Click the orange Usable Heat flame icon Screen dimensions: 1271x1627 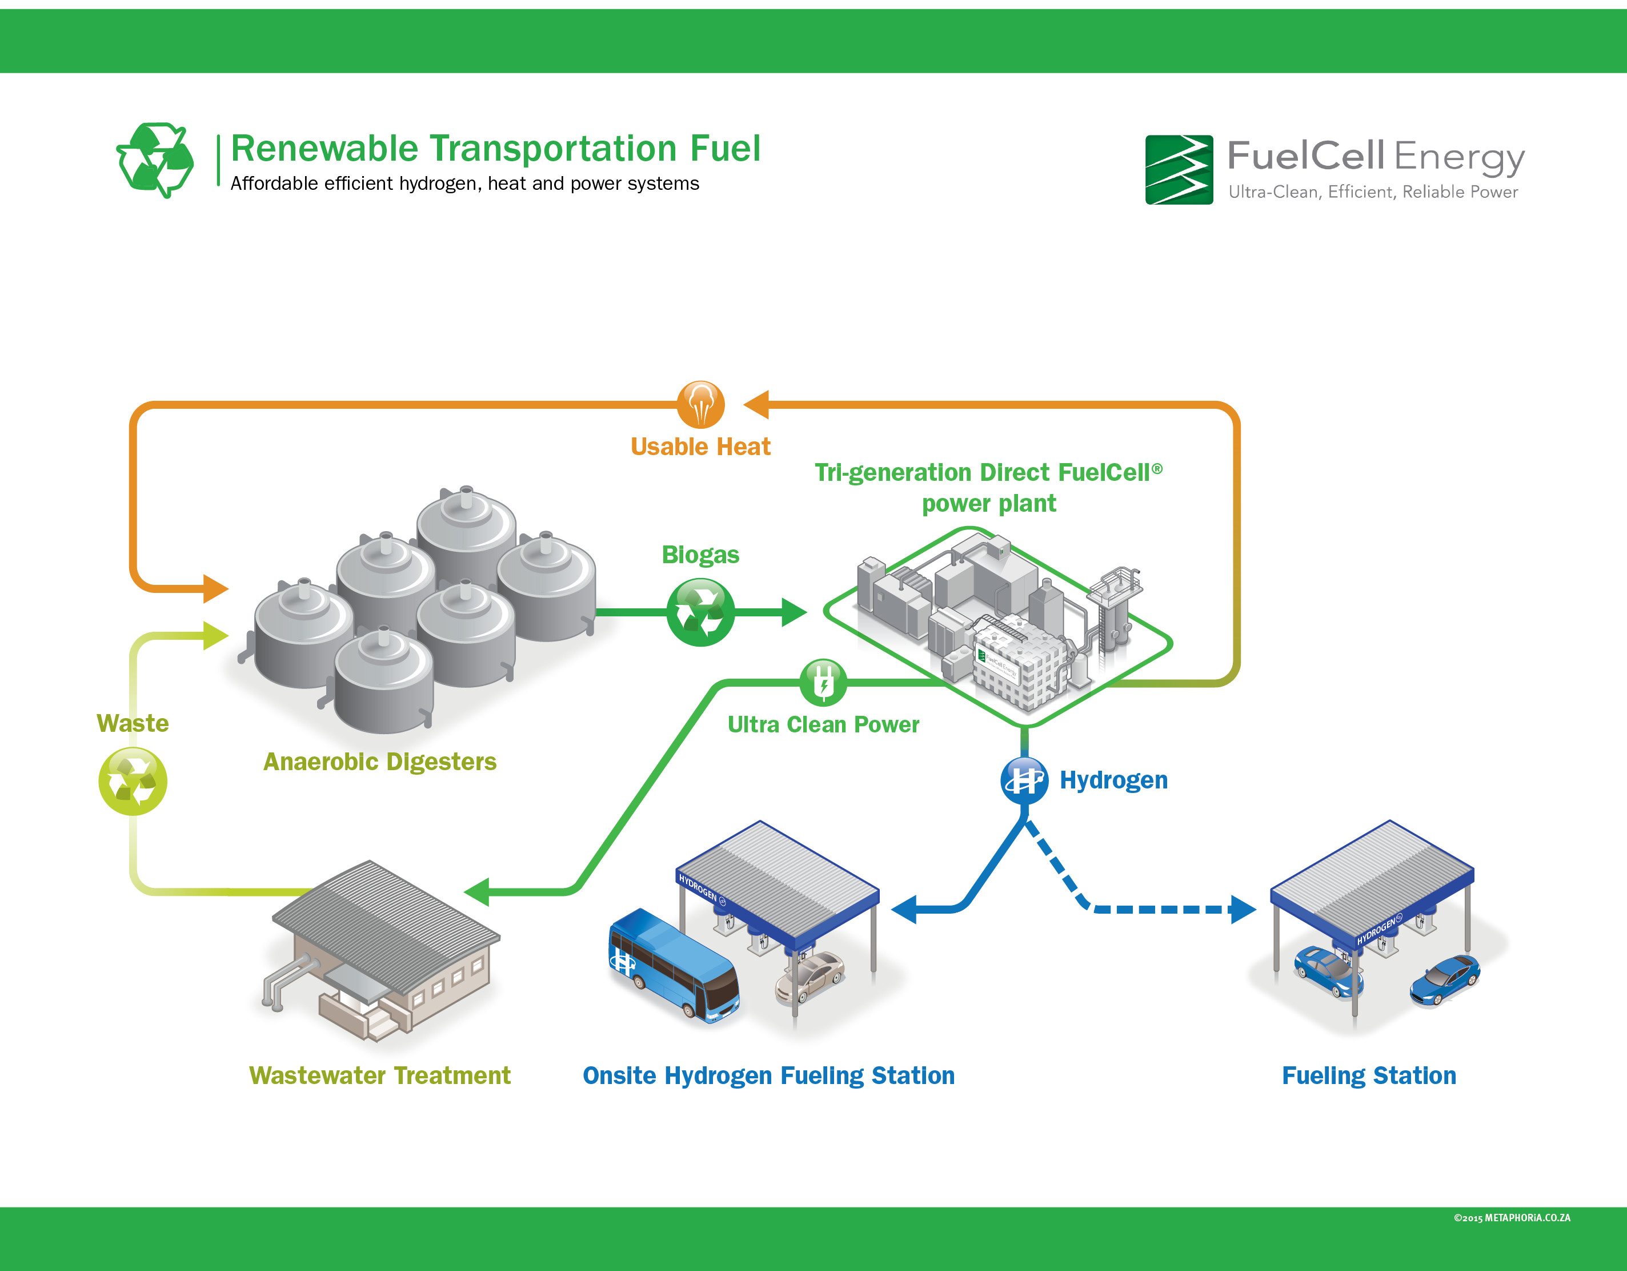[700, 404]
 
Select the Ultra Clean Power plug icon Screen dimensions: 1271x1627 [823, 682]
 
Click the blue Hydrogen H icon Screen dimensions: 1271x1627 [1024, 780]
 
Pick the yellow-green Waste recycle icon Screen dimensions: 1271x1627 [133, 781]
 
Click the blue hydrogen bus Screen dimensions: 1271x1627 [673, 965]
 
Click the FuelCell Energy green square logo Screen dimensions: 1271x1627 [1179, 170]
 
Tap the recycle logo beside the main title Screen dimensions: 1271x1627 [155, 160]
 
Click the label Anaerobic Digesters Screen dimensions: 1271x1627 [380, 762]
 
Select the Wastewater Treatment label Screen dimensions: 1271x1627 [380, 1075]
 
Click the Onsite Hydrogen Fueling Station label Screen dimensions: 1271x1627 [768, 1075]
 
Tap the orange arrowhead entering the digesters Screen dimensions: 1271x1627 [215, 589]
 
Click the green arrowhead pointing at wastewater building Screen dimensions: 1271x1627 [477, 891]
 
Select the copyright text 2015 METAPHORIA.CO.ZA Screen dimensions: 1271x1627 [1512, 1218]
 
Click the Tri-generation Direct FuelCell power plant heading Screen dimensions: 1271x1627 [988, 488]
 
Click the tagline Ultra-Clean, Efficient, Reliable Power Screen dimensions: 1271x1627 [1372, 192]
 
